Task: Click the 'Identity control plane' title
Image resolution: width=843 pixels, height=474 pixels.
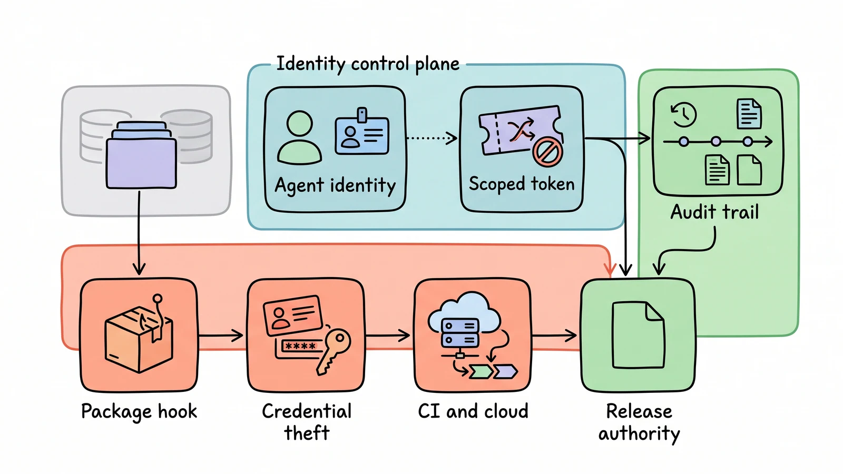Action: coord(368,64)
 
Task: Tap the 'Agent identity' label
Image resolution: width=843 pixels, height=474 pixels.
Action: coord(335,186)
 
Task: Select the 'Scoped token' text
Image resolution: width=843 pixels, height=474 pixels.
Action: coord(522,184)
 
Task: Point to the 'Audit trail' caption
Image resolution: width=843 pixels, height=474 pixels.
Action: coord(714,212)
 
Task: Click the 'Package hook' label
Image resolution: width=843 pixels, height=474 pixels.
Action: coord(139,411)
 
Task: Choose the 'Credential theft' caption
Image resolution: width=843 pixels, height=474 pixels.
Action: coord(306,422)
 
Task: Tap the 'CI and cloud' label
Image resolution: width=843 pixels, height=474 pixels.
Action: coord(473,411)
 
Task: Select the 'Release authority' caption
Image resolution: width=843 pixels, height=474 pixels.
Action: coord(639,422)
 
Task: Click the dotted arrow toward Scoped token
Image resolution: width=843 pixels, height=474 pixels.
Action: coord(432,138)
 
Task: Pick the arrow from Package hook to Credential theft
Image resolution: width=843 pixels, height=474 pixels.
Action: coord(221,335)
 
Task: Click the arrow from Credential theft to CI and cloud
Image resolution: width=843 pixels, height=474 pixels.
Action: coord(388,335)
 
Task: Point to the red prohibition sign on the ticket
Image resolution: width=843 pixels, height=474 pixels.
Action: coord(547,152)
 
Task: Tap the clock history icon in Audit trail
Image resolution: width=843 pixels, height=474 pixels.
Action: coord(684,114)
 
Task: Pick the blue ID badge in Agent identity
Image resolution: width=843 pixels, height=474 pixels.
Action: coord(361,132)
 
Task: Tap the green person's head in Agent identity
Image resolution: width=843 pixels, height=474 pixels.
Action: coord(300,123)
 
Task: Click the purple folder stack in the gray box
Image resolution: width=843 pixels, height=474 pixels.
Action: coord(141,155)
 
